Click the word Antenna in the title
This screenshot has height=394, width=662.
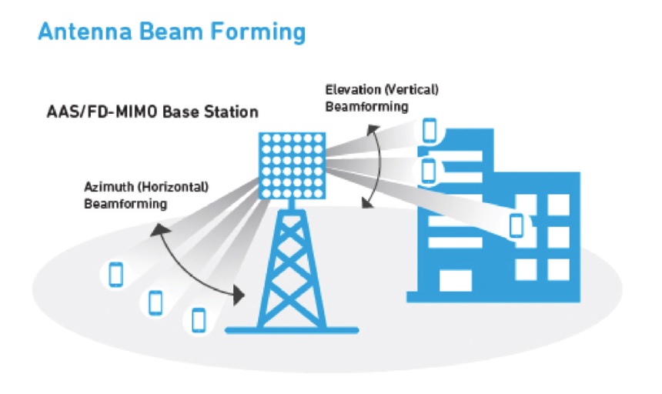(85, 31)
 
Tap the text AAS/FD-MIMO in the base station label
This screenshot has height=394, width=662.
(102, 112)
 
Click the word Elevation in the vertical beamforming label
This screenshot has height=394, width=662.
(353, 90)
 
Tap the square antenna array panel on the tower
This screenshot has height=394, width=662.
(292, 165)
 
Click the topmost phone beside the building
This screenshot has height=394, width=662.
(430, 130)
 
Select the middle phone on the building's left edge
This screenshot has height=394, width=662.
(429, 171)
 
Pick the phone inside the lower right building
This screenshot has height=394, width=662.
(517, 225)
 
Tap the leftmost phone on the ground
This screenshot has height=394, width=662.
(115, 274)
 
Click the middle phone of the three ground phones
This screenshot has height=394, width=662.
(155, 302)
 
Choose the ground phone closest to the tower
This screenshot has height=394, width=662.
(199, 320)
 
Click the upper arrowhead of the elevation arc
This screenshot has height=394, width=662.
(373, 129)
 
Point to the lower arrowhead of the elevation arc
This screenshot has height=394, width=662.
(367, 203)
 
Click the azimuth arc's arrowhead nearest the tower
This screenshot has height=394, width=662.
(239, 295)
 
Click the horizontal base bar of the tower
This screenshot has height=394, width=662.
(292, 330)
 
